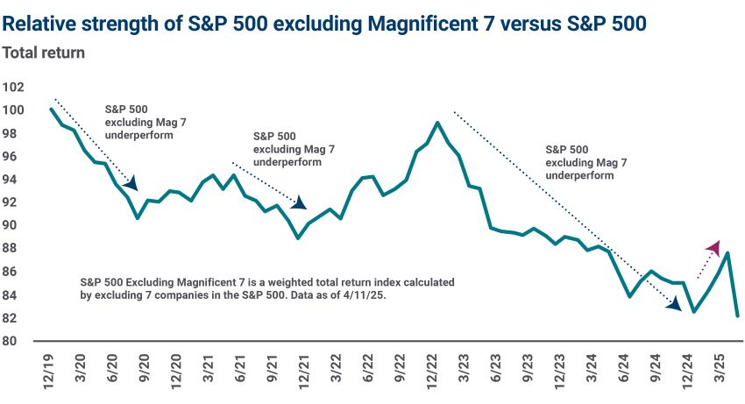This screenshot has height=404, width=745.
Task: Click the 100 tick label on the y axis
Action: (x=14, y=110)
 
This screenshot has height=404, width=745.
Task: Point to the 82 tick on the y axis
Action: (x=14, y=317)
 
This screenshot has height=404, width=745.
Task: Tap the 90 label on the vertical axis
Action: (x=14, y=225)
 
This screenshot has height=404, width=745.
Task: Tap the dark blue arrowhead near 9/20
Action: (x=131, y=183)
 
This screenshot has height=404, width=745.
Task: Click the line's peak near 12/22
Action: (x=437, y=123)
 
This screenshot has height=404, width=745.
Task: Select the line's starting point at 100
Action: (x=52, y=110)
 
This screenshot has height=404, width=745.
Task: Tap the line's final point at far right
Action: (x=737, y=315)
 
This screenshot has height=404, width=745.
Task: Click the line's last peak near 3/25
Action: (x=727, y=253)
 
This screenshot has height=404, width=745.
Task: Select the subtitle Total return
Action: (x=43, y=53)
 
